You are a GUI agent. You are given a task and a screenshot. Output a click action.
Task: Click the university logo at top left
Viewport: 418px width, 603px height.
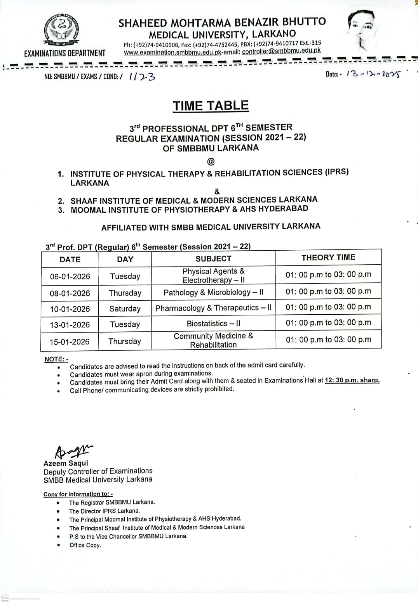pyautogui.click(x=61, y=31)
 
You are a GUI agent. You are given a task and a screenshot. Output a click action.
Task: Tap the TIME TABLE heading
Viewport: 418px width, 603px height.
pyautogui.click(x=211, y=106)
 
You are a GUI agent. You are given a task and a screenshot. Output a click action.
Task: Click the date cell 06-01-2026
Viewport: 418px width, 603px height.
pyautogui.click(x=70, y=277)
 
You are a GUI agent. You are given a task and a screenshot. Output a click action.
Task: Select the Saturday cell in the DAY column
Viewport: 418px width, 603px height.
pyautogui.click(x=125, y=309)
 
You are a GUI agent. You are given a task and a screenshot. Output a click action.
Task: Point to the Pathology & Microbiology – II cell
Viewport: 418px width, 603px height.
pyautogui.click(x=213, y=293)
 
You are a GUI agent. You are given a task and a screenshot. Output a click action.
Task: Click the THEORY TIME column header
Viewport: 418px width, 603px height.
pyautogui.click(x=328, y=257)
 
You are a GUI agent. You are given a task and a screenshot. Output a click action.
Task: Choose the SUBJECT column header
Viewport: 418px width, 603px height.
pyautogui.click(x=213, y=259)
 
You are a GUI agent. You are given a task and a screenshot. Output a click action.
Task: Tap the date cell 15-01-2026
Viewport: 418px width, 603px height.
pyautogui.click(x=70, y=342)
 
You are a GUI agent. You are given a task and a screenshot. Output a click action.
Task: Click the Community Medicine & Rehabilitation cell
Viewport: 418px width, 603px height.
pyautogui.click(x=213, y=340)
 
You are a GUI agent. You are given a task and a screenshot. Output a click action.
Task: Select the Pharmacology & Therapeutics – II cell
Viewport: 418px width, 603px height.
pyautogui.click(x=213, y=308)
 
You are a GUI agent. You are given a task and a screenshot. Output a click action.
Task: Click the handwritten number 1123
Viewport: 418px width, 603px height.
pyautogui.click(x=142, y=76)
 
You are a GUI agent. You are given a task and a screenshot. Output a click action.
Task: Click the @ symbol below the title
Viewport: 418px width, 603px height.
pyautogui.click(x=211, y=161)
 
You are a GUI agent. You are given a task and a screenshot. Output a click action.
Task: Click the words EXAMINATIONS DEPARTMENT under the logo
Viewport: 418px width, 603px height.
pyautogui.click(x=65, y=54)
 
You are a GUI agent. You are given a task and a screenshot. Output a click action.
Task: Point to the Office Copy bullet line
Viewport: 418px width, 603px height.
pyautogui.click(x=85, y=545)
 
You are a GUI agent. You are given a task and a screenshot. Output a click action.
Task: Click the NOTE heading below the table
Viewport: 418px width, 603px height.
pyautogui.click(x=56, y=359)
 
